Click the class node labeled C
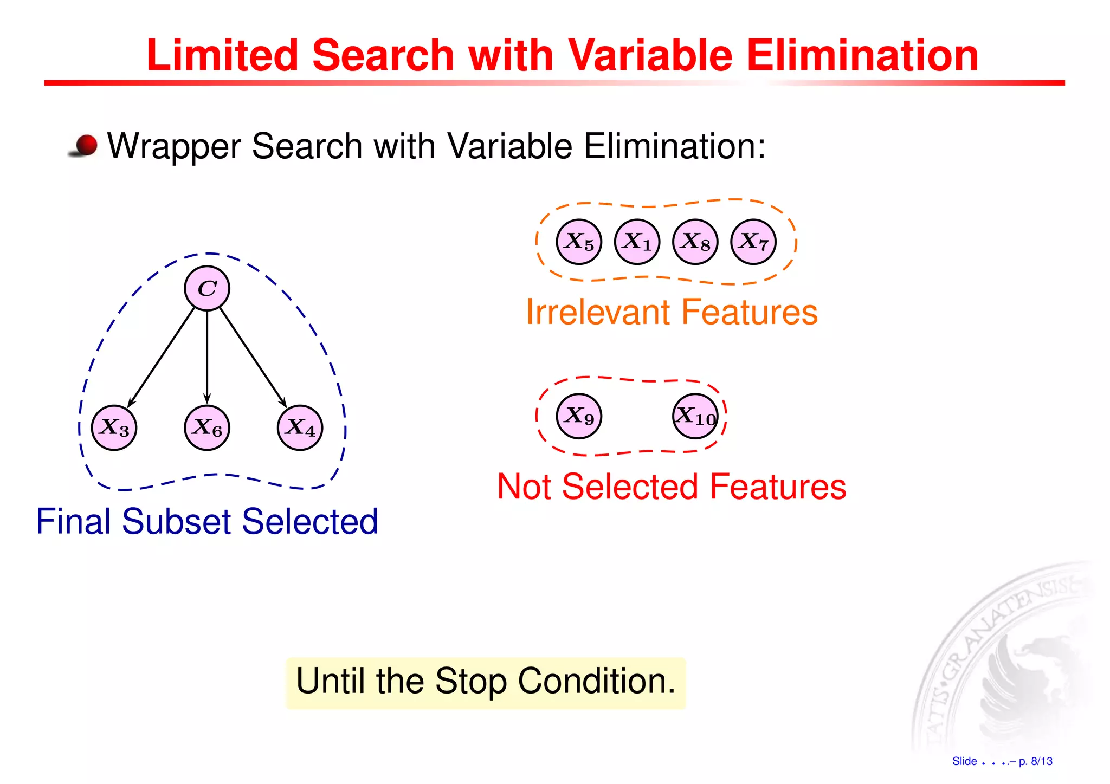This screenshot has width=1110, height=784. coord(207,288)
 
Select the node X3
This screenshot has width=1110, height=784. coord(114,427)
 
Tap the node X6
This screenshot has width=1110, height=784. coord(207,427)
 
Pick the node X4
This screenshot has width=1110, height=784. coord(300,427)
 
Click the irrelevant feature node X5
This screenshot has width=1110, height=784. coord(579,242)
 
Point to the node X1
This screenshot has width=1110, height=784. coord(637,242)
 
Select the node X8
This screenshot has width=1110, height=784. coord(695,242)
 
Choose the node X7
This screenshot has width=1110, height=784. coord(753,242)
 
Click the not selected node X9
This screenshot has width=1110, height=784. coord(579,416)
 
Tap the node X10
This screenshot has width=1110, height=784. coord(695,416)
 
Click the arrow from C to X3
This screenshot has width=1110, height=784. coord(161,358)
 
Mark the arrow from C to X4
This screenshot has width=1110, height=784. coord(253,358)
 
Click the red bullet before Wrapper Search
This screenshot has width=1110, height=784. coord(86,146)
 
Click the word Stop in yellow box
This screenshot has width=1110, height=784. coord(470,681)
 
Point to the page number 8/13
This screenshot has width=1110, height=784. coord(1041,761)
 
